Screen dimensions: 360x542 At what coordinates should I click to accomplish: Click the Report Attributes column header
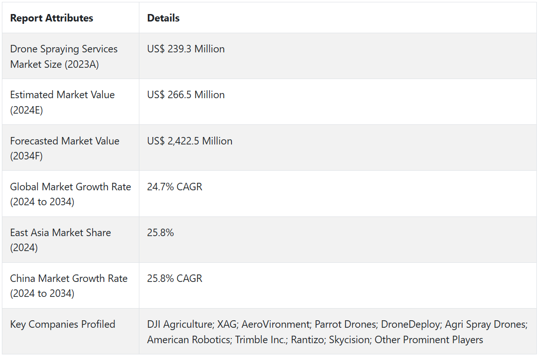[51, 18]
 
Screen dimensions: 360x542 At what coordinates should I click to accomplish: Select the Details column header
[163, 18]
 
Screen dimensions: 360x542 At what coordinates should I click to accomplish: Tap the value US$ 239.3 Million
[186, 49]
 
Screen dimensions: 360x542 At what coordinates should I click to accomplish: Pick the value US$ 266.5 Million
[186, 95]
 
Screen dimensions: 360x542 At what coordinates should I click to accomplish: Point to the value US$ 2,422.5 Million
[189, 141]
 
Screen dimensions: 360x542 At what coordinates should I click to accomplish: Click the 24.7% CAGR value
[174, 187]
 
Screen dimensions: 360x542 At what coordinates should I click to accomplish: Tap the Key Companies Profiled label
[63, 324]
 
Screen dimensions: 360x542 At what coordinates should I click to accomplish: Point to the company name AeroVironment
[276, 324]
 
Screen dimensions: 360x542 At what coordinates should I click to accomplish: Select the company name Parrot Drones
[345, 324]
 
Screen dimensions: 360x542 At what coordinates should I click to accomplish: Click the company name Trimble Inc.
[260, 340]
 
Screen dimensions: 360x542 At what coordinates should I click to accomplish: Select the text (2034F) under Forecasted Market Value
[26, 156]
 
